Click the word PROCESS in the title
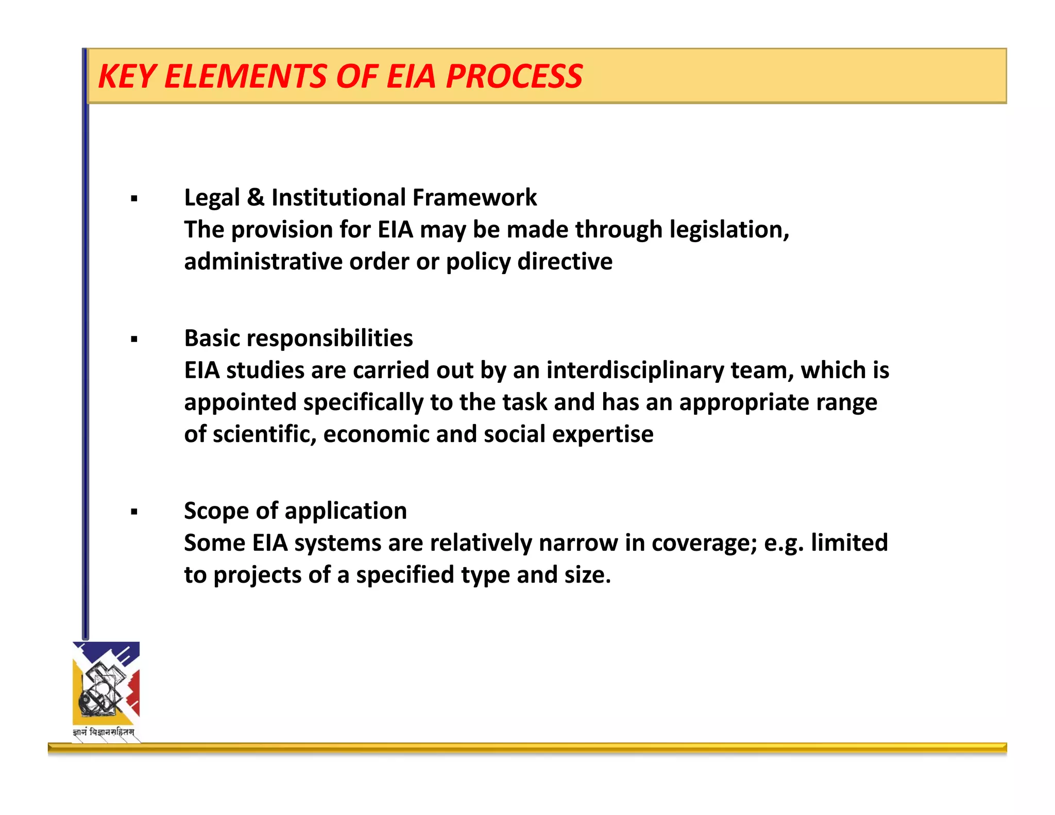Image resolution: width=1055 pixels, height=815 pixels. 514,77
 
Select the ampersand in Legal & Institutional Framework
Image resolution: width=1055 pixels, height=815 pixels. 256,198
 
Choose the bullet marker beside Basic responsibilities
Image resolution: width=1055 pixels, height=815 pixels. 134,339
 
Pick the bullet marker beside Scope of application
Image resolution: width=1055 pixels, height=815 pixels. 134,512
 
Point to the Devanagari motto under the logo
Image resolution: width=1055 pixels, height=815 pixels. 104,732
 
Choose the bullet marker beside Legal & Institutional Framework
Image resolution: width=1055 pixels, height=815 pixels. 134,199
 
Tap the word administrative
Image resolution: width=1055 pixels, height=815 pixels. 263,262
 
